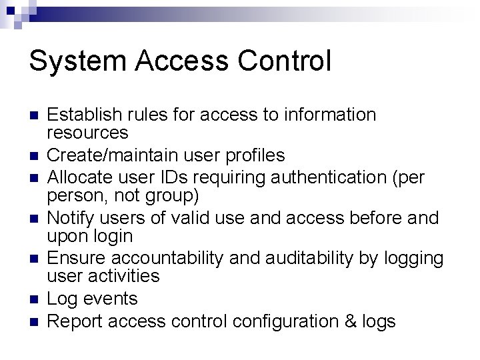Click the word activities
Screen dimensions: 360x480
coord(125,275)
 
